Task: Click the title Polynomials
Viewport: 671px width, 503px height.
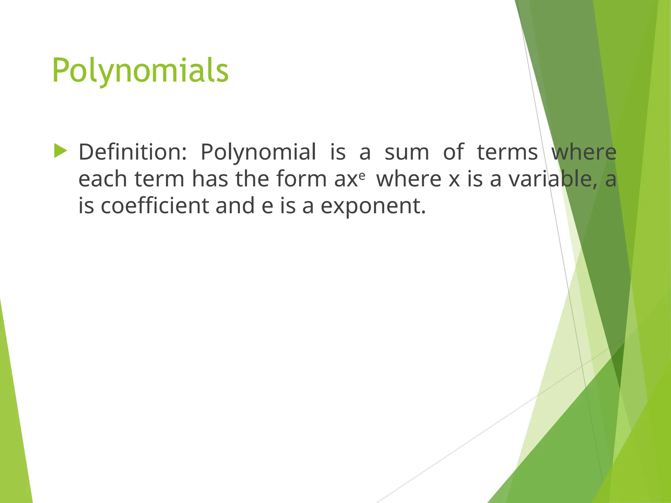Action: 140,71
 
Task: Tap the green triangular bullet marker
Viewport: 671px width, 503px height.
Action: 61,151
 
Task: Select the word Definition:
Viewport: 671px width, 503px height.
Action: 133,152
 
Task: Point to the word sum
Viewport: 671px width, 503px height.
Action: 407,153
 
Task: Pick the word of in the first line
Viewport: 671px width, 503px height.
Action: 453,152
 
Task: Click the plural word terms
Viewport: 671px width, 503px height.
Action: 507,153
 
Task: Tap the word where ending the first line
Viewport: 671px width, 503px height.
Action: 584,152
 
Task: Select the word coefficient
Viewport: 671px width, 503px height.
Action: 155,206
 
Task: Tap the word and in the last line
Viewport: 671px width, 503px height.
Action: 235,206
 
